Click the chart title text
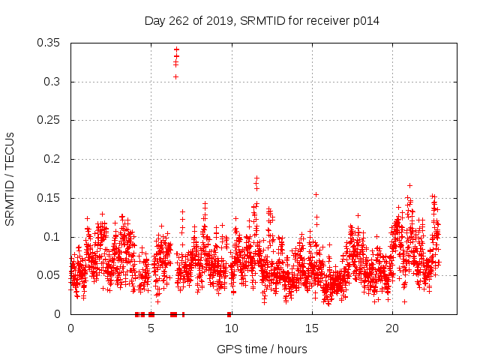pyautogui.click(x=262, y=21)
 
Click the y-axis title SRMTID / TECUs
pyautogui.click(x=10, y=178)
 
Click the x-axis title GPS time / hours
pyautogui.click(x=262, y=349)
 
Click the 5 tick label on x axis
pyautogui.click(x=151, y=328)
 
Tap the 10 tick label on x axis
pyautogui.click(x=232, y=328)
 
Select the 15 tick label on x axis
pyautogui.click(x=312, y=328)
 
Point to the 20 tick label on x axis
pyautogui.click(x=392, y=328)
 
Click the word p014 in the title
pyautogui.click(x=365, y=21)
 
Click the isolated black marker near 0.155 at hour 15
pyautogui.click(x=316, y=194)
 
